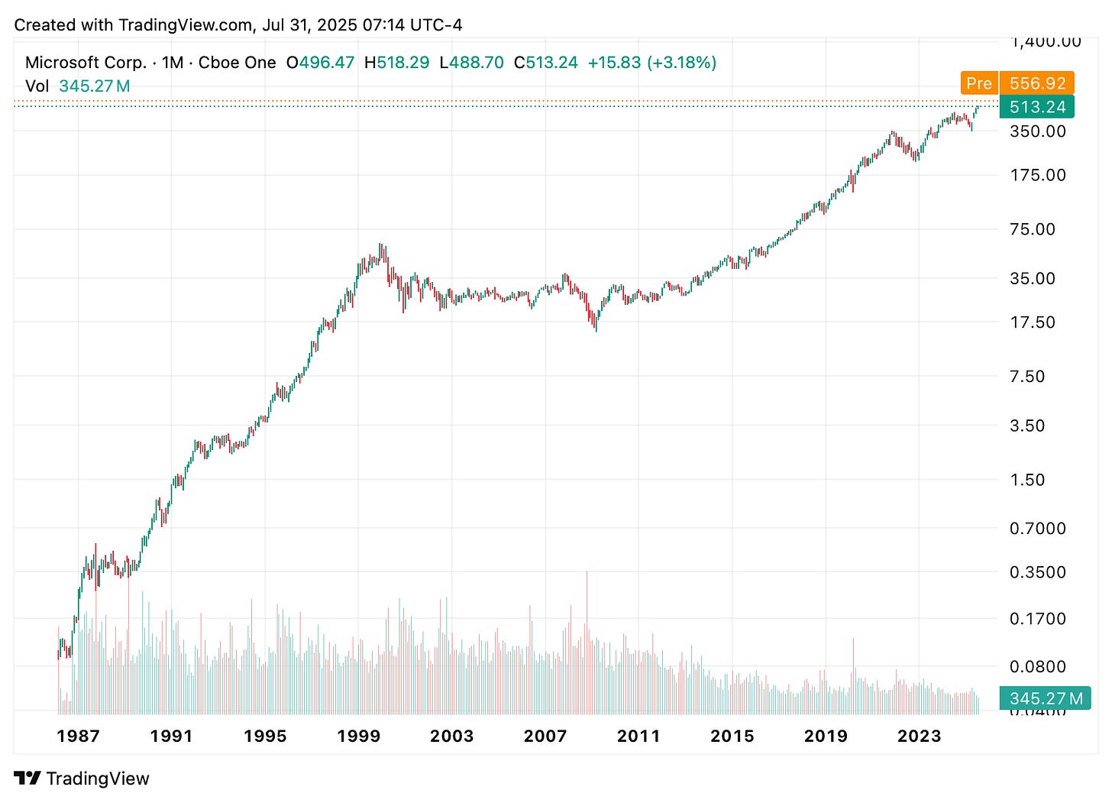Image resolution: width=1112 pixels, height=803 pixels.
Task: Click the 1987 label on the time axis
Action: (78, 736)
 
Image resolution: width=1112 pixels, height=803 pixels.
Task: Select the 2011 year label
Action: (638, 736)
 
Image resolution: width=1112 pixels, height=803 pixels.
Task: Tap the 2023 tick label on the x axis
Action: (919, 736)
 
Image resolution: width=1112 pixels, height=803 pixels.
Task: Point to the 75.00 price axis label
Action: (1032, 229)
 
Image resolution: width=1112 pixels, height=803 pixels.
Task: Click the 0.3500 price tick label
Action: (1037, 572)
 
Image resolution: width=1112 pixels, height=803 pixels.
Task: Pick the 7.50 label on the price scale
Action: (1026, 376)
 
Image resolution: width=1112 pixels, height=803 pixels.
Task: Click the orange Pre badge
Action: (978, 83)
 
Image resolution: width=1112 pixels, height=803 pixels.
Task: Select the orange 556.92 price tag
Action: (1037, 83)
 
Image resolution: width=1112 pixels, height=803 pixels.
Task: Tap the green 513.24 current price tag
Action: (1037, 107)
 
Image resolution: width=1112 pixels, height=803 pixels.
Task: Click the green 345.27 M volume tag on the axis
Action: (1046, 698)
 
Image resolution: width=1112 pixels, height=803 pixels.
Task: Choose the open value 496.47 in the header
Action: (326, 63)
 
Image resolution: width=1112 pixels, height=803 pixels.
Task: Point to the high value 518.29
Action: (402, 63)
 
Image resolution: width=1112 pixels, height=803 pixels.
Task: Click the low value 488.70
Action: (477, 63)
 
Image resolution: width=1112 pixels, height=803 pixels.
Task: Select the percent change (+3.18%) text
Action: (681, 63)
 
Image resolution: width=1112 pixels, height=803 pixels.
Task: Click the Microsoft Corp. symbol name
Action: (86, 63)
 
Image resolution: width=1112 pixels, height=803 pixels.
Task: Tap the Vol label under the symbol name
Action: (37, 86)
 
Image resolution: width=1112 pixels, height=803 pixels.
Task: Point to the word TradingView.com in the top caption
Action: (186, 24)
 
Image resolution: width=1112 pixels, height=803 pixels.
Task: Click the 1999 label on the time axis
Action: (358, 736)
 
